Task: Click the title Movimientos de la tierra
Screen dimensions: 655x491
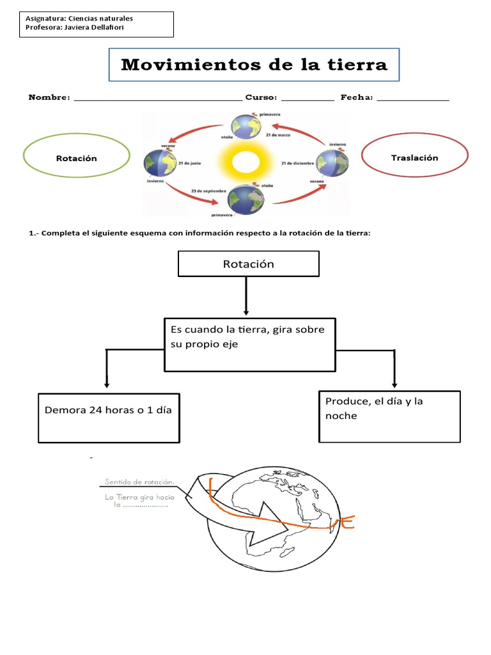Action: point(254,65)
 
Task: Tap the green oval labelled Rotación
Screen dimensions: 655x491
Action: point(77,158)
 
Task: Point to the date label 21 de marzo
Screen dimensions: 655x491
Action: point(279,135)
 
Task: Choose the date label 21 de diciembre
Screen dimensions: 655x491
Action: point(297,163)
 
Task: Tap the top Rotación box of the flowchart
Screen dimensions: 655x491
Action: point(248,264)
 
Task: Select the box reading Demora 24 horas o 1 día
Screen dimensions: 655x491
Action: point(109,417)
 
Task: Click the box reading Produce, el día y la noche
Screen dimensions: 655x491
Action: point(389,416)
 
